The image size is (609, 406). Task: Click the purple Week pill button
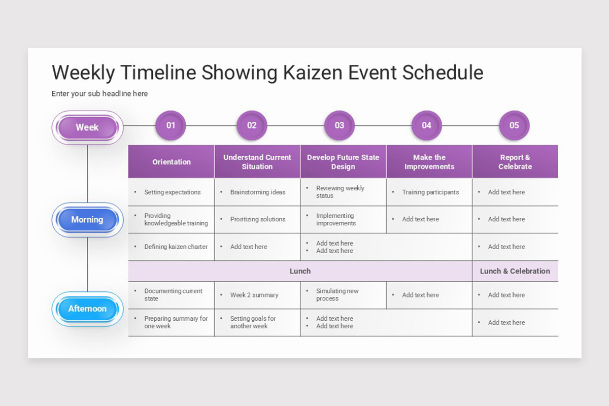87,127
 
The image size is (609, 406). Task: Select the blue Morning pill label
87,220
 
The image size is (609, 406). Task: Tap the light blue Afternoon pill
87,309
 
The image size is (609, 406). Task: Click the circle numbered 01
171,125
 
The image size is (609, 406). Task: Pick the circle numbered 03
339,125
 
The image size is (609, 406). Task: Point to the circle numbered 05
514,125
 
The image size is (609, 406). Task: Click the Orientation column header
172,162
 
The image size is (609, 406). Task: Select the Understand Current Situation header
257,162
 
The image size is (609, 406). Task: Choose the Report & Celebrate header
515,162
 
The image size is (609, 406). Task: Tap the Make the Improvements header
429,162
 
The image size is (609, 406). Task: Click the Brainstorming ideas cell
257,192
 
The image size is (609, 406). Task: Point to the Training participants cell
430,192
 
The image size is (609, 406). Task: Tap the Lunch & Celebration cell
515,271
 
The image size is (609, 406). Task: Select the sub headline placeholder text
99,93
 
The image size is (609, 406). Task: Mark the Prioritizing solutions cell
257,219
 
